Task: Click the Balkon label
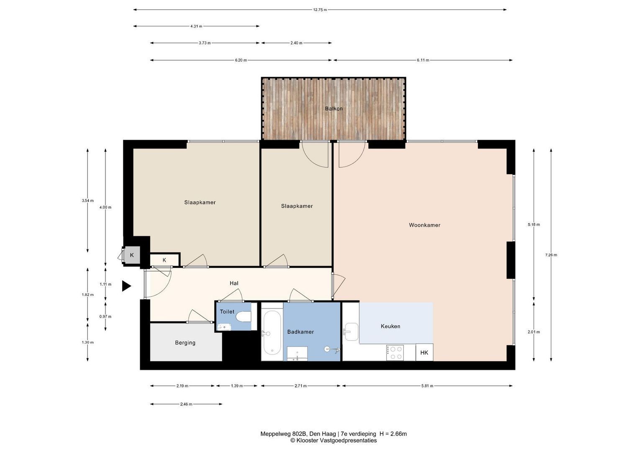[x=334, y=109]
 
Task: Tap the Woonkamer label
[x=424, y=225]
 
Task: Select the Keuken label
[x=390, y=326]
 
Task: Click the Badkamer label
[x=300, y=332]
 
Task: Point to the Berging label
[x=185, y=343]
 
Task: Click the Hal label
[x=234, y=283]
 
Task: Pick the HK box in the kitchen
[x=424, y=352]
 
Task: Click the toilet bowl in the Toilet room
[x=243, y=316]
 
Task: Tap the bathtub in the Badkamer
[x=272, y=333]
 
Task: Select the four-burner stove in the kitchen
[x=395, y=353]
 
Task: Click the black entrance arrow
[x=126, y=286]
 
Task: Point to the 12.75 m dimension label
[x=320, y=10]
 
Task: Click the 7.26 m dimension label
[x=551, y=255]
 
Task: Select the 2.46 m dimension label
[x=186, y=404]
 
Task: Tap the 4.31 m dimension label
[x=196, y=26]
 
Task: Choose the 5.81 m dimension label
[x=427, y=386]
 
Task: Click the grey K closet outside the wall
[x=132, y=255]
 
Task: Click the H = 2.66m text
[x=393, y=434]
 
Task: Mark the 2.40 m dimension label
[x=296, y=43]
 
